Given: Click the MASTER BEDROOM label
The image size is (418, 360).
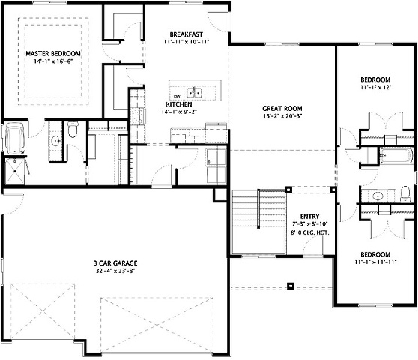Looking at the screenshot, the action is click(x=53, y=54).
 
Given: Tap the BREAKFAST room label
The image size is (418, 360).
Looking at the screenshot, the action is click(x=186, y=34).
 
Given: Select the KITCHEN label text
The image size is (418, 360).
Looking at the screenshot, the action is click(x=179, y=104).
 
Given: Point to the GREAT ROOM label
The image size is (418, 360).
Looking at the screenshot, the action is click(x=282, y=108).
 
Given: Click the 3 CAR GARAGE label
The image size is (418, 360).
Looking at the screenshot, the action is click(x=115, y=263).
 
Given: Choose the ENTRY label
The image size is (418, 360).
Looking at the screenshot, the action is click(x=309, y=217).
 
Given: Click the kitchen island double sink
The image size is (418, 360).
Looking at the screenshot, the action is click(x=194, y=93).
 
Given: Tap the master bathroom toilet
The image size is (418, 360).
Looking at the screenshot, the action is click(x=73, y=130).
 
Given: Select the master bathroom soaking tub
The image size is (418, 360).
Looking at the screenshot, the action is click(x=15, y=138).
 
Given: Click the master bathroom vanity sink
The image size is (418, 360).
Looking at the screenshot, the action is click(x=55, y=140).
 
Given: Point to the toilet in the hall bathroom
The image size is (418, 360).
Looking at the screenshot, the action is click(x=405, y=194).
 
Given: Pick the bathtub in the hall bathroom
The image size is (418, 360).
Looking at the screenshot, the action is click(x=396, y=155).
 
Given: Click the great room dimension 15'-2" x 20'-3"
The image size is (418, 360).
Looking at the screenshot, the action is click(x=282, y=116).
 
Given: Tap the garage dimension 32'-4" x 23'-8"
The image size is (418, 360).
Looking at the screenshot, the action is click(x=115, y=271).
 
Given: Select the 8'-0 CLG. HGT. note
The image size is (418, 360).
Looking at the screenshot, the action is click(x=310, y=232).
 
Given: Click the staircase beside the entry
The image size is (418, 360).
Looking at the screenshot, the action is click(x=258, y=221).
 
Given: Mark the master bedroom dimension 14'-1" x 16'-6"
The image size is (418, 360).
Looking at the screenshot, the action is click(x=53, y=61).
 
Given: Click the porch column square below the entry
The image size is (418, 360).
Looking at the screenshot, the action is click(x=291, y=286).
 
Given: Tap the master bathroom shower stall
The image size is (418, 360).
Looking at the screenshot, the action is click(x=15, y=171).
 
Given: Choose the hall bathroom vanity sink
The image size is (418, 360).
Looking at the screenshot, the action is click(x=378, y=196).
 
